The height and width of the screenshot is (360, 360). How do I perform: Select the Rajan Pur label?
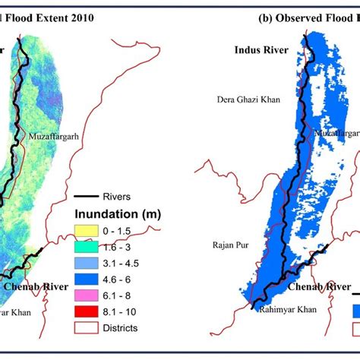coord(228,245)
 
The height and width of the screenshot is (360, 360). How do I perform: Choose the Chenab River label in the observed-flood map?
coord(314,289)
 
